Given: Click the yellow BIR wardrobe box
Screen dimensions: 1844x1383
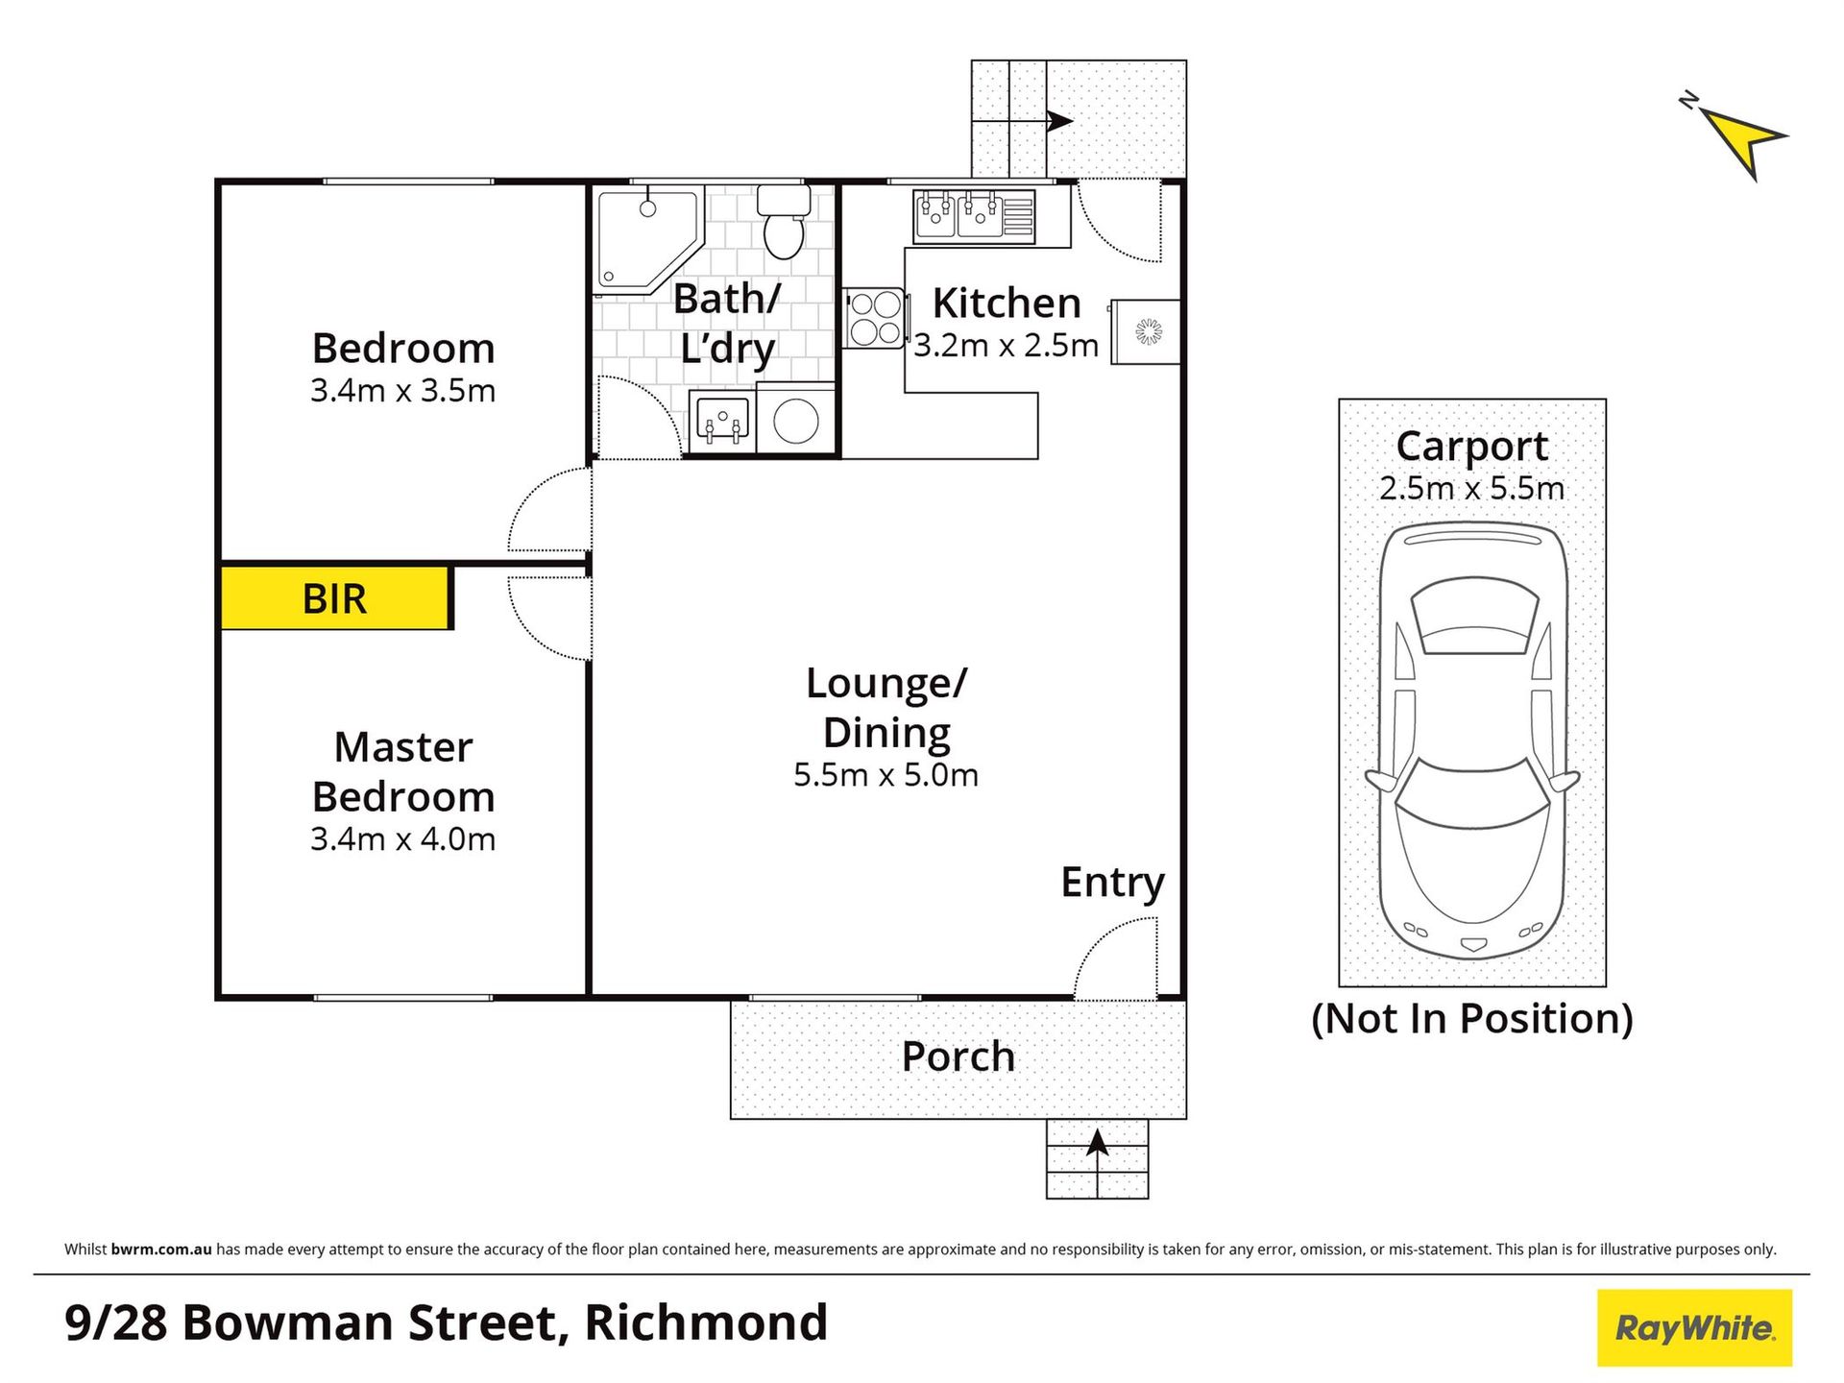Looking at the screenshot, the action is [335, 597].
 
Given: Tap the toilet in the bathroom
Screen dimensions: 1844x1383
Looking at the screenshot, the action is [784, 222].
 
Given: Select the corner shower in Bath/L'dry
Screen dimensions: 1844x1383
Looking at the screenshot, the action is [646, 241].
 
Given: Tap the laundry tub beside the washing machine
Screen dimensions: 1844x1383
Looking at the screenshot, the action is [722, 420].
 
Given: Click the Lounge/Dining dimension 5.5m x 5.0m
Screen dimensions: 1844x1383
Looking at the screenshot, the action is [886, 775].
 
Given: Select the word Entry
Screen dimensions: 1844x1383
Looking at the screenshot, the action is [1112, 883].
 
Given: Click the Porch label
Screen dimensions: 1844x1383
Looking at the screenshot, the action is [958, 1056].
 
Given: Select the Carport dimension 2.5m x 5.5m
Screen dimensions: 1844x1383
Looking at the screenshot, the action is [1472, 489].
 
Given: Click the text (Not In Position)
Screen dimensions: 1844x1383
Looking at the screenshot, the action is [1472, 1019].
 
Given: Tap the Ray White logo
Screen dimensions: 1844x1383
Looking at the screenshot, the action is [1695, 1328].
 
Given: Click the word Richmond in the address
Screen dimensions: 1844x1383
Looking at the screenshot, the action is [706, 1323].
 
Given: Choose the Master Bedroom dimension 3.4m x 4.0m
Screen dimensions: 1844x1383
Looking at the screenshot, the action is [402, 839].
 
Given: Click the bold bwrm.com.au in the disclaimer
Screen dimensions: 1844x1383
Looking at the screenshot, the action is [161, 1250].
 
